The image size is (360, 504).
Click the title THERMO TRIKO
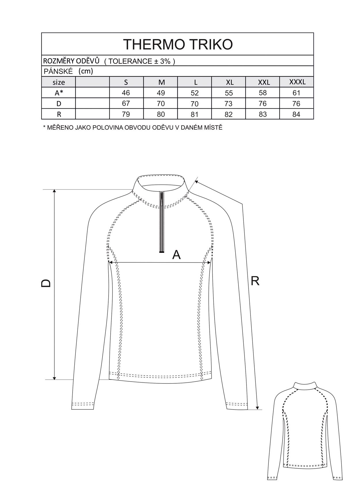[x=178, y=44]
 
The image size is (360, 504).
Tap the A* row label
[x=59, y=93]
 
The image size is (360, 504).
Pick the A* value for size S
[x=126, y=93]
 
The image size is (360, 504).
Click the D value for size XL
[x=228, y=104]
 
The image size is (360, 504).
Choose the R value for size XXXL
[x=296, y=114]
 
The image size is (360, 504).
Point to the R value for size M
[x=161, y=114]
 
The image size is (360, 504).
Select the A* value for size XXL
[x=263, y=93]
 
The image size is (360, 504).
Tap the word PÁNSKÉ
[x=58, y=71]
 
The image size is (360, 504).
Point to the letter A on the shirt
[x=176, y=255]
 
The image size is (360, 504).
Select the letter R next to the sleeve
[x=255, y=281]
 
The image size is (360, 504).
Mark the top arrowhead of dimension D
[x=54, y=192]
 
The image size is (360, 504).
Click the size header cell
[x=59, y=82]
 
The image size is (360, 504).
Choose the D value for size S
[x=126, y=103]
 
